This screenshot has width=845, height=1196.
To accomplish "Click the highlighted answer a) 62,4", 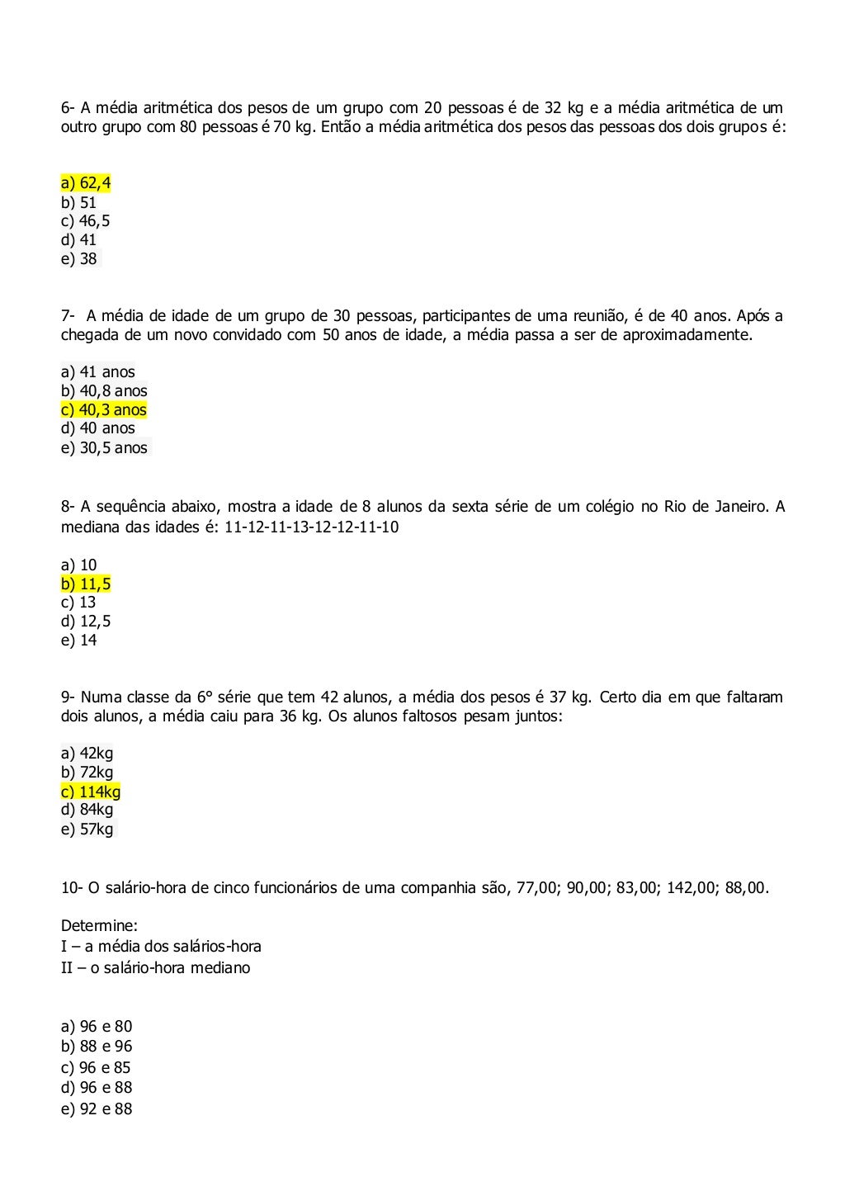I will (86, 183).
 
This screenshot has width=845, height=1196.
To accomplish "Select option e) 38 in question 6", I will (79, 259).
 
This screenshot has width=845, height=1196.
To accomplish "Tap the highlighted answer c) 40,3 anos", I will (104, 410).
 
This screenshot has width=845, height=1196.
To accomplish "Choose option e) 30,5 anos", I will (105, 448).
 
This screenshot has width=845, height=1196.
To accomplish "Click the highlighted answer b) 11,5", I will (86, 584).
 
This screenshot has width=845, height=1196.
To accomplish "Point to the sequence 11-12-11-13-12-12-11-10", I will (311, 527).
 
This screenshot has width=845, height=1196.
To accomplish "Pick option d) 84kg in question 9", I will (87, 810).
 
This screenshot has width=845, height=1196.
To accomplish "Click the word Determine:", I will (99, 926).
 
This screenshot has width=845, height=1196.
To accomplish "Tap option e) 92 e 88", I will (97, 1109).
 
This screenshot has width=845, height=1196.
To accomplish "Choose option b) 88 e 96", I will (97, 1047).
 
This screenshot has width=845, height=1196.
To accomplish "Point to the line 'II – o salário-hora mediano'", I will (155, 968).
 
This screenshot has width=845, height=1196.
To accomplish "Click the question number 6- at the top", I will (68, 108).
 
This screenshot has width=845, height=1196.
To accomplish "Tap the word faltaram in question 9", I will (754, 697).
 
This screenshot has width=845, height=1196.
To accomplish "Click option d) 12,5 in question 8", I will (86, 622).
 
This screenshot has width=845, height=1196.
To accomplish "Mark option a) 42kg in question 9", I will (87, 754).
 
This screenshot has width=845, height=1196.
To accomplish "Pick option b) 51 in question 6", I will (79, 202).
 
